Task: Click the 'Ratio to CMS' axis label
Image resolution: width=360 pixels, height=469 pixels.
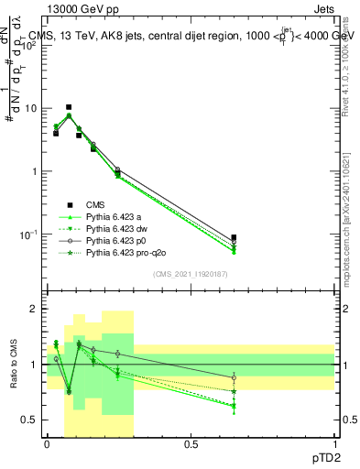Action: pyautogui.click(x=13, y=365)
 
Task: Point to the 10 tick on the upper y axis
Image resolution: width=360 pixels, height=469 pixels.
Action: pyautogui.click(x=31, y=108)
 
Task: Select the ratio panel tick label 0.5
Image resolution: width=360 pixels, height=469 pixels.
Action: pyautogui.click(x=31, y=420)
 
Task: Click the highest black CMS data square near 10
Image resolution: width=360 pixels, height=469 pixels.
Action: pyautogui.click(x=69, y=107)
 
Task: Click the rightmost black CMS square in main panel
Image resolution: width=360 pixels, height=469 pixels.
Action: pyautogui.click(x=234, y=237)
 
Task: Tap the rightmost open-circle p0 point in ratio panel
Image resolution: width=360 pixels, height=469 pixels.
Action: pyautogui.click(x=234, y=377)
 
